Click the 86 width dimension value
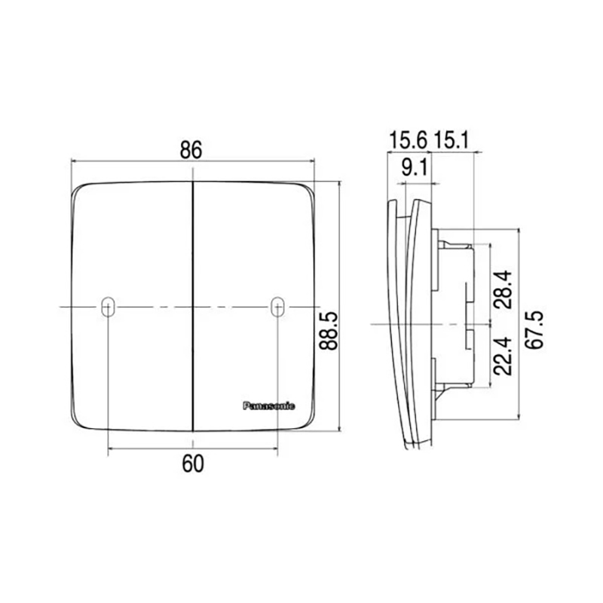(191, 150)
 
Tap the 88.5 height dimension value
(329, 330)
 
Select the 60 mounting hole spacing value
(193, 464)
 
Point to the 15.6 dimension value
(408, 140)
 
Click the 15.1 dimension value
(451, 140)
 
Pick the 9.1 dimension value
(414, 167)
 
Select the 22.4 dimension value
(503, 356)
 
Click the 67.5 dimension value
(534, 329)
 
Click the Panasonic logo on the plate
(269, 406)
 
